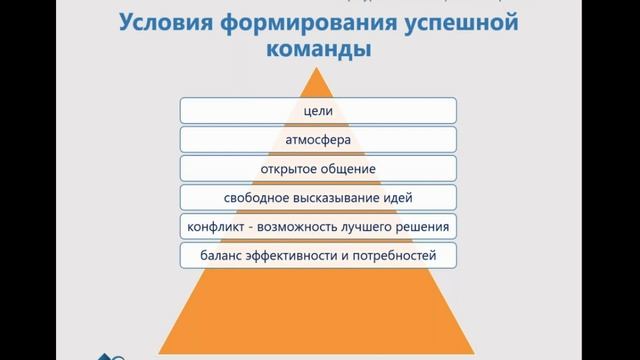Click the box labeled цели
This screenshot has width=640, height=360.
319,110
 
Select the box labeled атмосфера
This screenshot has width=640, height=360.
319,139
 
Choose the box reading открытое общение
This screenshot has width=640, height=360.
319,168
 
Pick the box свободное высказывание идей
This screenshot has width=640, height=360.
319,197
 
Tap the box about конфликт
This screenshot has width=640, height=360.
319,226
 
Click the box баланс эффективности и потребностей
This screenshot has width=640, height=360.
319,255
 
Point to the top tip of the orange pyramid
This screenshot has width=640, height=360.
319,67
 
